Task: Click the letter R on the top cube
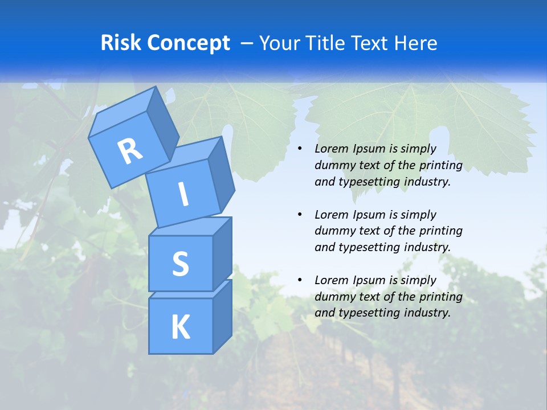click(x=130, y=151)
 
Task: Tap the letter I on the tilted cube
click(x=183, y=194)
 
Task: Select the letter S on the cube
click(x=180, y=264)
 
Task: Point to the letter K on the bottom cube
click(x=180, y=327)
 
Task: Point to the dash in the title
click(x=247, y=43)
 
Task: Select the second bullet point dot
click(x=300, y=215)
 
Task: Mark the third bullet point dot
click(x=300, y=280)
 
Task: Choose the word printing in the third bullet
click(x=440, y=297)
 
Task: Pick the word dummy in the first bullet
click(x=332, y=165)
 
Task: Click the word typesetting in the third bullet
click(x=369, y=313)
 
